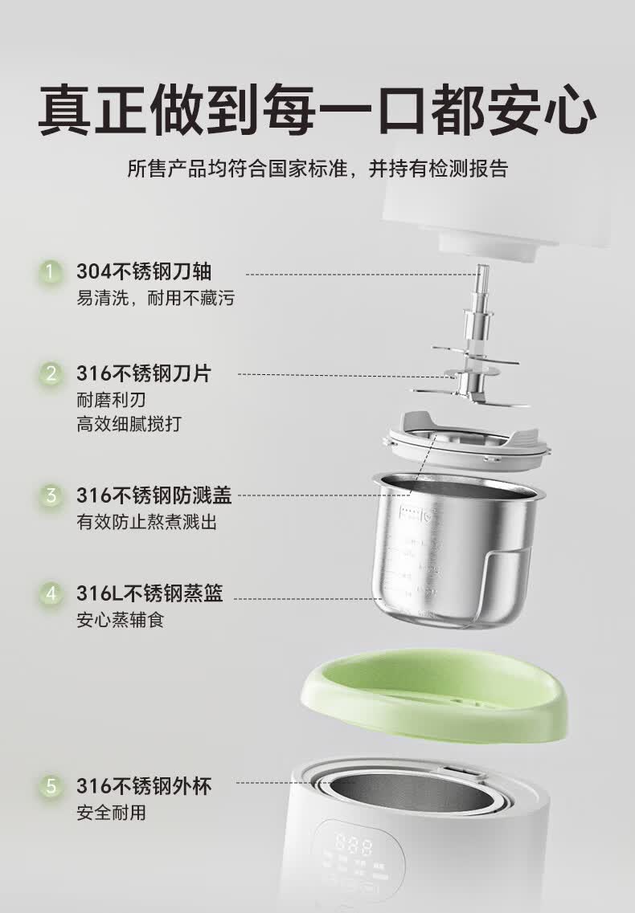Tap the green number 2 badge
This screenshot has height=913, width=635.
coord(51,373)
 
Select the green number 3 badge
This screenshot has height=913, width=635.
coord(51,495)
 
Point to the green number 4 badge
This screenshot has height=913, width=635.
coord(51,594)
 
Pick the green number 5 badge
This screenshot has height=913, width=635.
coord(51,785)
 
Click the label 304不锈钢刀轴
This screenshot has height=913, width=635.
coord(145,272)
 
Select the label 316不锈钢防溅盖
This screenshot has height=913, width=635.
coord(154,495)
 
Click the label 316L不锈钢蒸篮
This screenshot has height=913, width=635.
coord(150,594)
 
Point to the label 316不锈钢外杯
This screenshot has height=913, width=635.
coord(145,785)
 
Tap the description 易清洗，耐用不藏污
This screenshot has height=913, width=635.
coord(156,299)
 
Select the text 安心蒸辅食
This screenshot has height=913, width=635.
coord(120,621)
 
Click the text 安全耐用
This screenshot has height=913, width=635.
coord(111,812)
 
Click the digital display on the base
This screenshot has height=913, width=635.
coord(354,848)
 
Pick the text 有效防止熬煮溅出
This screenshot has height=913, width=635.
coord(146,522)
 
